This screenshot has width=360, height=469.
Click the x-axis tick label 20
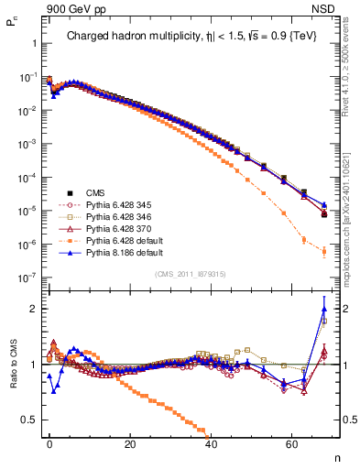(x=130, y=444)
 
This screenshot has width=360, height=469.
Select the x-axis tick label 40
(x=211, y=444)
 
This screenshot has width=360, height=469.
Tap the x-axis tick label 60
(x=291, y=444)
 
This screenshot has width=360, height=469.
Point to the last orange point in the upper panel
(x=324, y=252)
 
